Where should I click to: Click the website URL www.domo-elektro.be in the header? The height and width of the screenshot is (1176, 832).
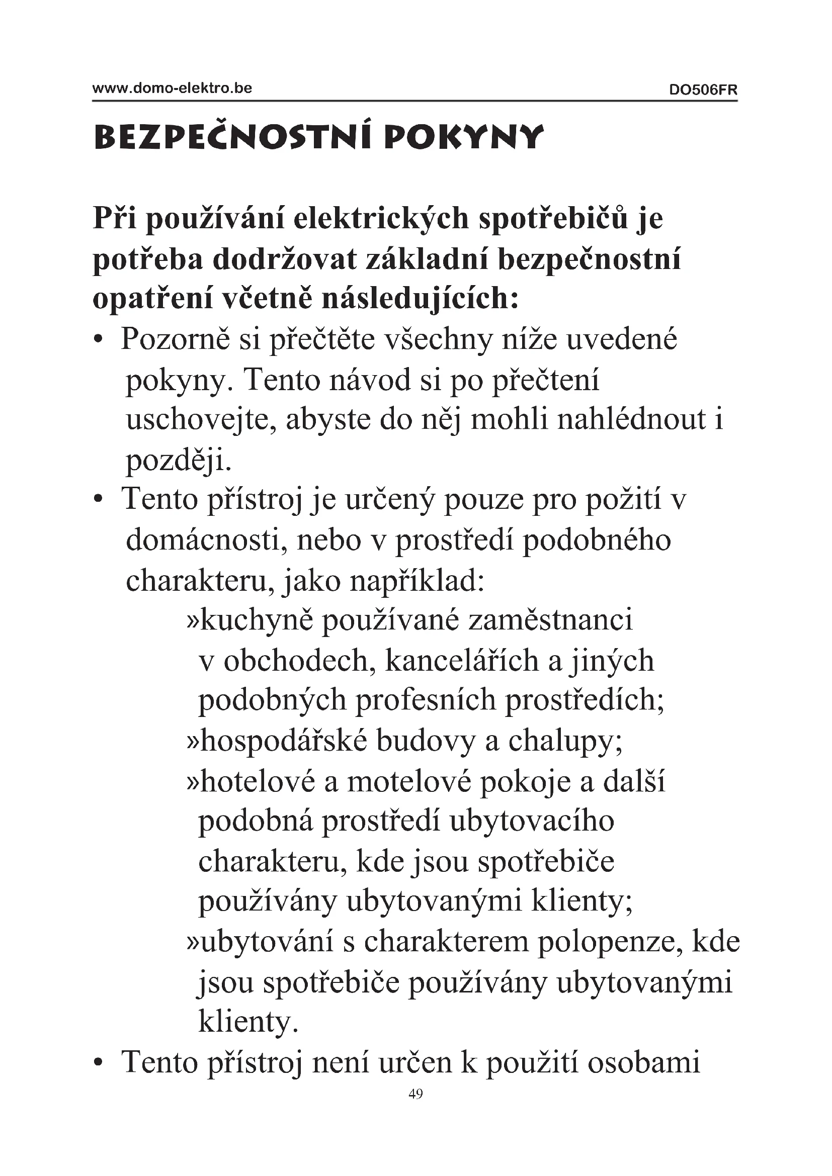pos(172,88)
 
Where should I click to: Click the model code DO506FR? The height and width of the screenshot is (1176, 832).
pos(703,90)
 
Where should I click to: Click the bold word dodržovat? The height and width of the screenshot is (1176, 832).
pos(284,259)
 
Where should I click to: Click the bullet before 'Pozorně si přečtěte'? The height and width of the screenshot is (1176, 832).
pos(99,340)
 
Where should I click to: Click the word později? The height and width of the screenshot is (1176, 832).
pos(179,461)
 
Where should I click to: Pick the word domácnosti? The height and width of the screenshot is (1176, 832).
pos(206,540)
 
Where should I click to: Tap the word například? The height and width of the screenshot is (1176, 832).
pos(417,581)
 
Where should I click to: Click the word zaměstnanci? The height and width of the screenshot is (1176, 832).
pos(551,620)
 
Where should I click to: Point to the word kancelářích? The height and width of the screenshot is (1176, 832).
pos(462,661)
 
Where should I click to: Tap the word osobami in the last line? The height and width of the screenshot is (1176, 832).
pos(643,1062)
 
